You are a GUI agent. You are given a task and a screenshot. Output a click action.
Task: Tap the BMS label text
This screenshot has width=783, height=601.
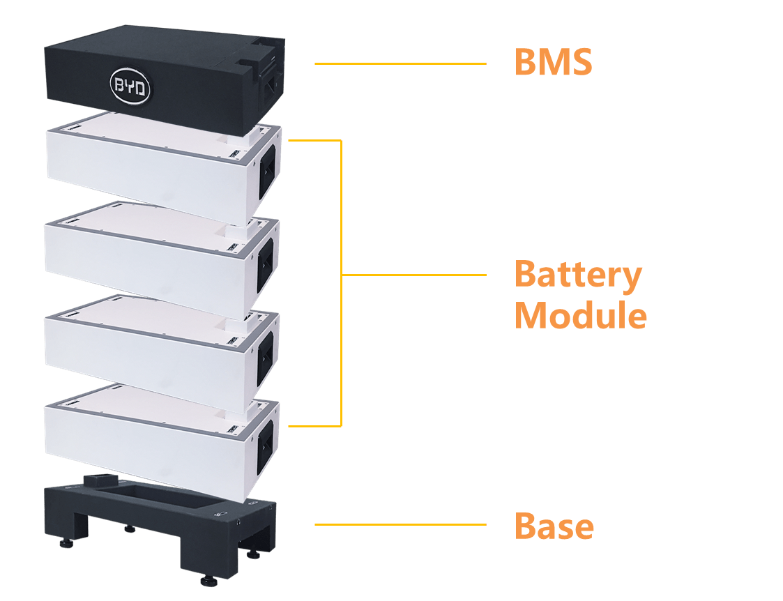coord(553,63)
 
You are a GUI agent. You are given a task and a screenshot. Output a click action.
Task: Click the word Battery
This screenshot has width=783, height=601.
coord(578,275)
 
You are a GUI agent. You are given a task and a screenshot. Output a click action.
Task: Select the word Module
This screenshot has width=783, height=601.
coord(581,316)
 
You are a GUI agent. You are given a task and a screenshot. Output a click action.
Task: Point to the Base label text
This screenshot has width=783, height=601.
coord(554,525)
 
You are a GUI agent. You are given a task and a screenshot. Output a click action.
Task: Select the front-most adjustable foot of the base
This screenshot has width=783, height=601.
coord(208,580)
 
